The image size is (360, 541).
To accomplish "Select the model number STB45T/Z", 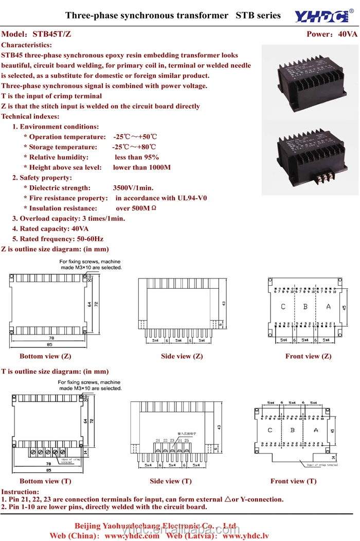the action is pyautogui.click(x=51, y=34).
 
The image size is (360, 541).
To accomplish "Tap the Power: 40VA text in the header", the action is pyautogui.click(x=332, y=34).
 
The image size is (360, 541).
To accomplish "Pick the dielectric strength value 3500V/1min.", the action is pyautogui.click(x=133, y=188).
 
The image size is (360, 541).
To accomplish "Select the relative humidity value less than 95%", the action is pyautogui.click(x=137, y=158).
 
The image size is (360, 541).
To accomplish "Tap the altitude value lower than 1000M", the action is pyautogui.click(x=142, y=168).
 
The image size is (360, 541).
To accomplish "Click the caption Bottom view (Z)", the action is pyautogui.click(x=45, y=356).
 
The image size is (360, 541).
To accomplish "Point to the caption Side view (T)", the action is pyautogui.click(x=171, y=481).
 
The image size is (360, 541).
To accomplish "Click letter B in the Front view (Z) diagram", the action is pyautogui.click(x=305, y=307).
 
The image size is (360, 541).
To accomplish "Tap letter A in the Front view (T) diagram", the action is pyautogui.click(x=316, y=430).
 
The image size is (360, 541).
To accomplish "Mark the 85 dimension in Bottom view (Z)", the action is pyautogui.click(x=49, y=344).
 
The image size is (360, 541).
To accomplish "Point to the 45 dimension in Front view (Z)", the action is pyautogui.click(x=344, y=307).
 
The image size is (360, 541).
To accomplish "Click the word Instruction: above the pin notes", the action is pyautogui.click(x=20, y=492).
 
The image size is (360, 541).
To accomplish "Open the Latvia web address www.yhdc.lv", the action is pyautogui.click(x=246, y=536).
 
